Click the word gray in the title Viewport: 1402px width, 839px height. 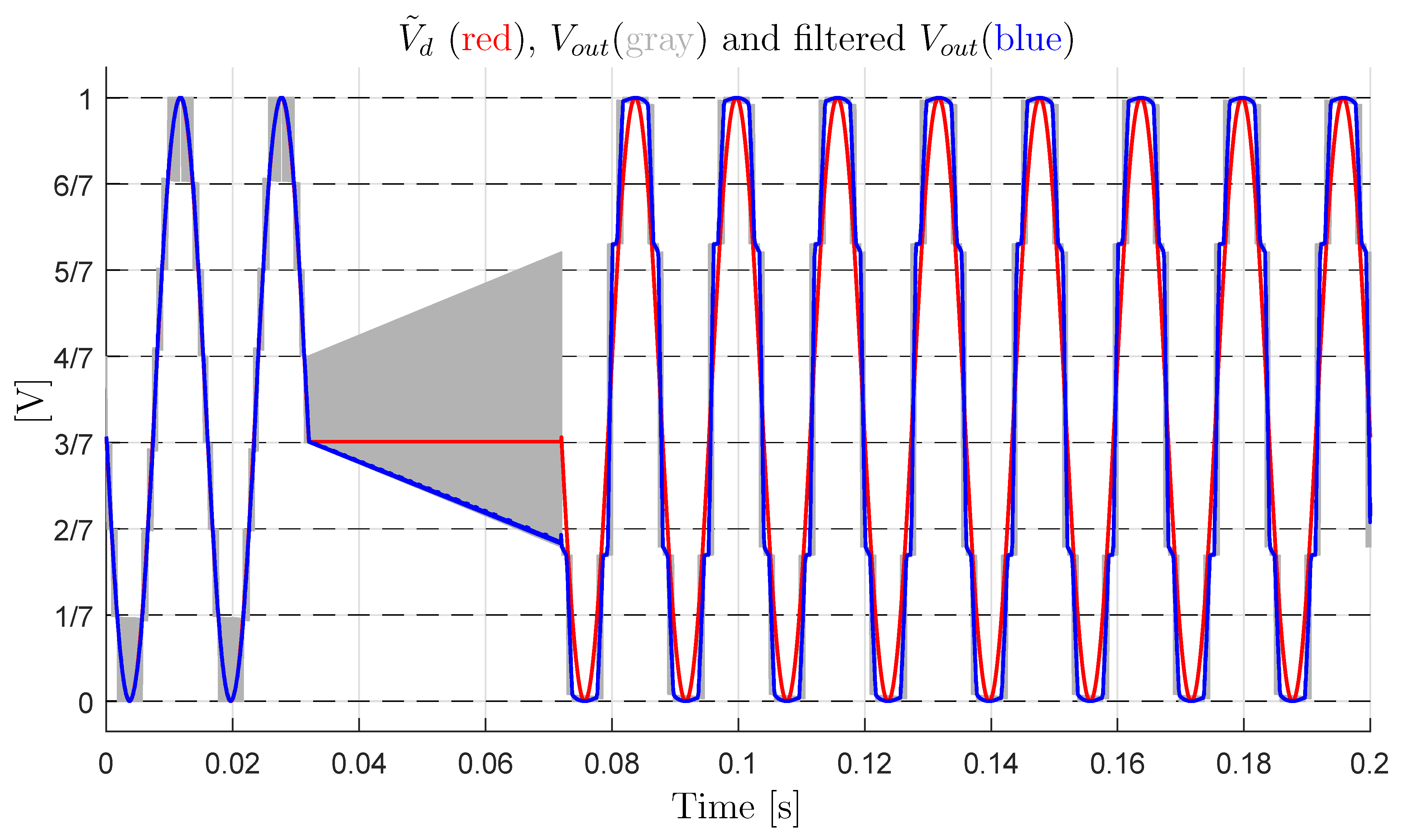coord(659,41)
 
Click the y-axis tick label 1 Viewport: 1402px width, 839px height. coord(85,100)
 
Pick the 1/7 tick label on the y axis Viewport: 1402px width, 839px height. coord(72,617)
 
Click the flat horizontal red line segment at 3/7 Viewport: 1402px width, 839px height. coord(436,441)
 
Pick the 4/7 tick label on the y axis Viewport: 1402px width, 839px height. coord(72,358)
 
